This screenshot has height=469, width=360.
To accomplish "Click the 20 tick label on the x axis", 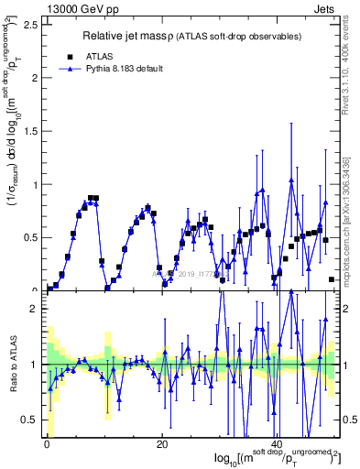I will tap(161, 445).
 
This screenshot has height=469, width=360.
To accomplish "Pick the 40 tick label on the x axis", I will tap(276, 445).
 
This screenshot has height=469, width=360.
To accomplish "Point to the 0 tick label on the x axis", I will tap(47, 445).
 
